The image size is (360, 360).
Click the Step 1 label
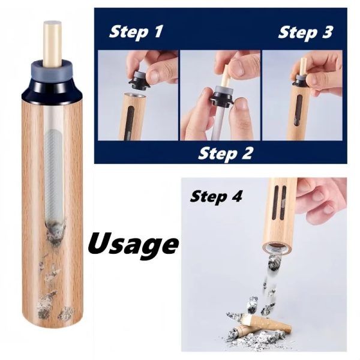[136, 32]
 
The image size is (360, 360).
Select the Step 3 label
[305, 32]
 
